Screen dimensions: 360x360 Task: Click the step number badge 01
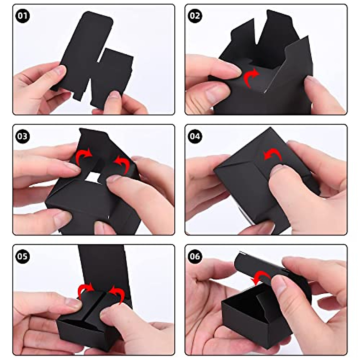[22, 16]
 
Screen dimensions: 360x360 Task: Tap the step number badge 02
[195, 16]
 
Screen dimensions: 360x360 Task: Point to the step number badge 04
[195, 136]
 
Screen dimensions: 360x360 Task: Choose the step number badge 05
[22, 257]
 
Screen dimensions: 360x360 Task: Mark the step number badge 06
[195, 257]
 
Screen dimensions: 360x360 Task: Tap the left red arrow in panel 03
[83, 157]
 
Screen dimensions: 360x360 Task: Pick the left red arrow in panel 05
[85, 290]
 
